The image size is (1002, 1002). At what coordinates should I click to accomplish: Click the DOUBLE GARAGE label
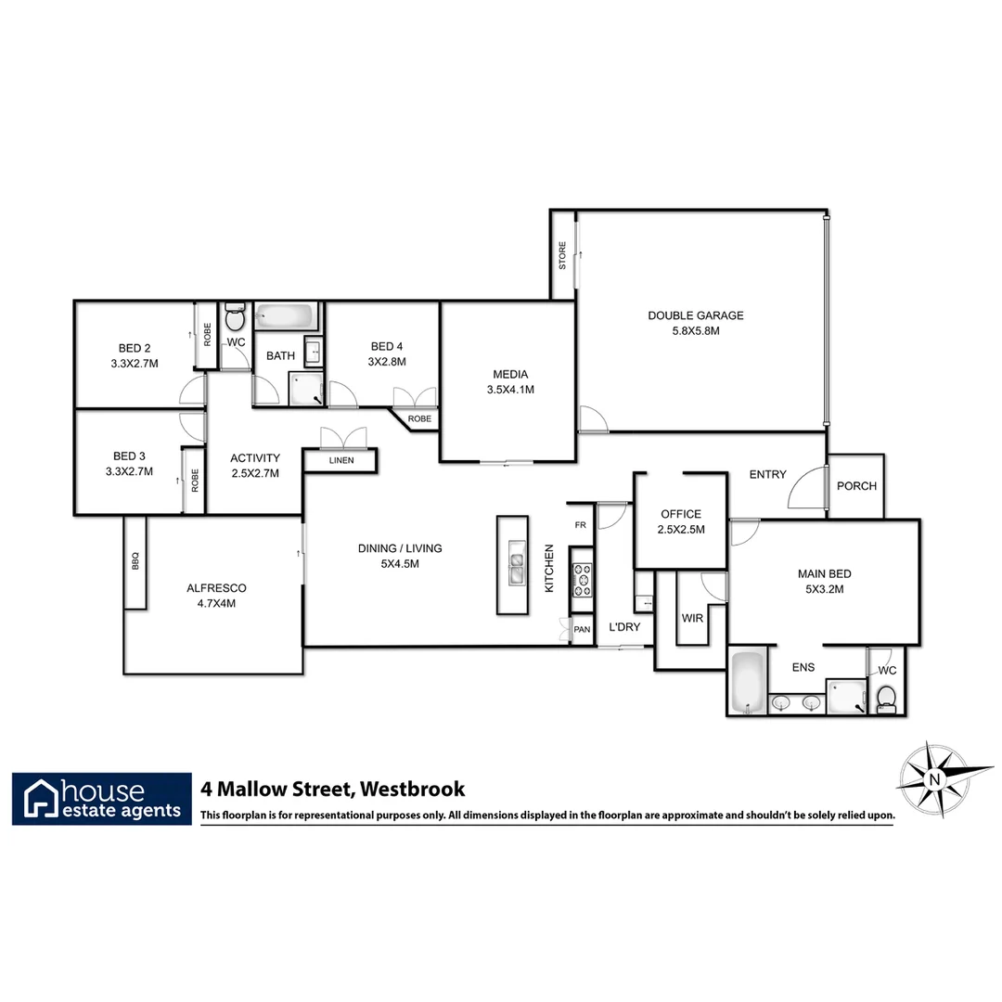(695, 315)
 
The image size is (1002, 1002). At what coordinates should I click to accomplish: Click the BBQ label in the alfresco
(135, 562)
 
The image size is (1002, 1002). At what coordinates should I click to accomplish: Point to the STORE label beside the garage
(562, 256)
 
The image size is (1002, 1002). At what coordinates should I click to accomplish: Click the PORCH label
(856, 486)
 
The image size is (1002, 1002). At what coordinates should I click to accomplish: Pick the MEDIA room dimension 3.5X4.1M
(510, 390)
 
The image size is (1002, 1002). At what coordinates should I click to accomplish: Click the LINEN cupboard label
(340, 460)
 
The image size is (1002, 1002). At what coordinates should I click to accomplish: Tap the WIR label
(692, 617)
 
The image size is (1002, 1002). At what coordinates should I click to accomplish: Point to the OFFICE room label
(680, 514)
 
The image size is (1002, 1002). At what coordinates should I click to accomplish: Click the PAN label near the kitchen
(582, 629)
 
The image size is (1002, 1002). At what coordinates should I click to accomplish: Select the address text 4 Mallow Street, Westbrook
(333, 790)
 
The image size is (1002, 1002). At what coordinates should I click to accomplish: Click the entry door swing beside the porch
(805, 490)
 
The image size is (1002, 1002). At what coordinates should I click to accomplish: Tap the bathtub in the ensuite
(747, 683)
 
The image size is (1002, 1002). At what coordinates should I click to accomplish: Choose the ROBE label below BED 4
(420, 419)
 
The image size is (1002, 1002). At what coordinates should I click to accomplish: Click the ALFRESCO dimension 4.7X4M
(216, 603)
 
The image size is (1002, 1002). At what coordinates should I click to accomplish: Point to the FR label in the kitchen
(580, 525)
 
